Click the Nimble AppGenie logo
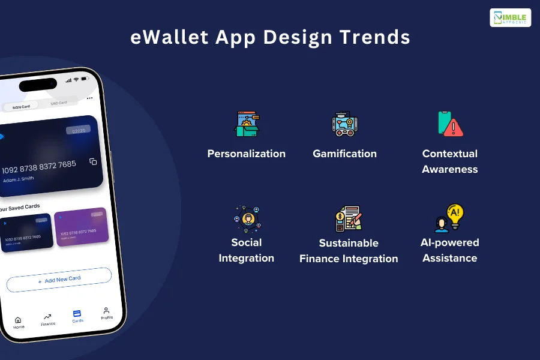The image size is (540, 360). click(x=510, y=17)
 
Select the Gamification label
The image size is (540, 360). click(x=344, y=154)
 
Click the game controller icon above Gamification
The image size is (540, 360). click(x=344, y=124)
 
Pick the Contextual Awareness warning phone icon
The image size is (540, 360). click(x=450, y=124)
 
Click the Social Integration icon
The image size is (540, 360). click(x=246, y=218)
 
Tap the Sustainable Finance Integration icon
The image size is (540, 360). click(x=348, y=219)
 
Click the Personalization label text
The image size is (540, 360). click(x=246, y=154)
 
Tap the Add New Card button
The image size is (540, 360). click(x=59, y=279)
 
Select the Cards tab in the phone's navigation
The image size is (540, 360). click(x=77, y=316)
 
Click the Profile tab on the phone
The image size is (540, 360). click(x=106, y=313)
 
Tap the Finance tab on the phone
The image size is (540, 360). click(x=47, y=319)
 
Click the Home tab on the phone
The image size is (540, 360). click(x=19, y=323)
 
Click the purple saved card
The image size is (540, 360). click(x=81, y=226)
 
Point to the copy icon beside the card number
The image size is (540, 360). click(x=93, y=161)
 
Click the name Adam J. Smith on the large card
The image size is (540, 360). click(x=19, y=179)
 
